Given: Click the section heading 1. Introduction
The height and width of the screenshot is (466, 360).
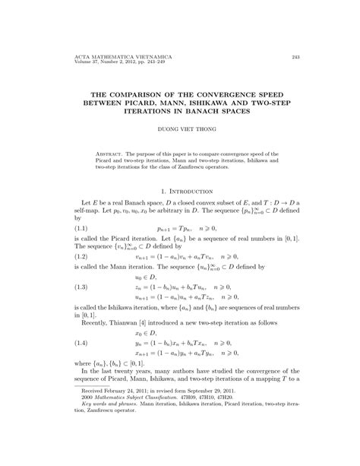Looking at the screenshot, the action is (x=179, y=193).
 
